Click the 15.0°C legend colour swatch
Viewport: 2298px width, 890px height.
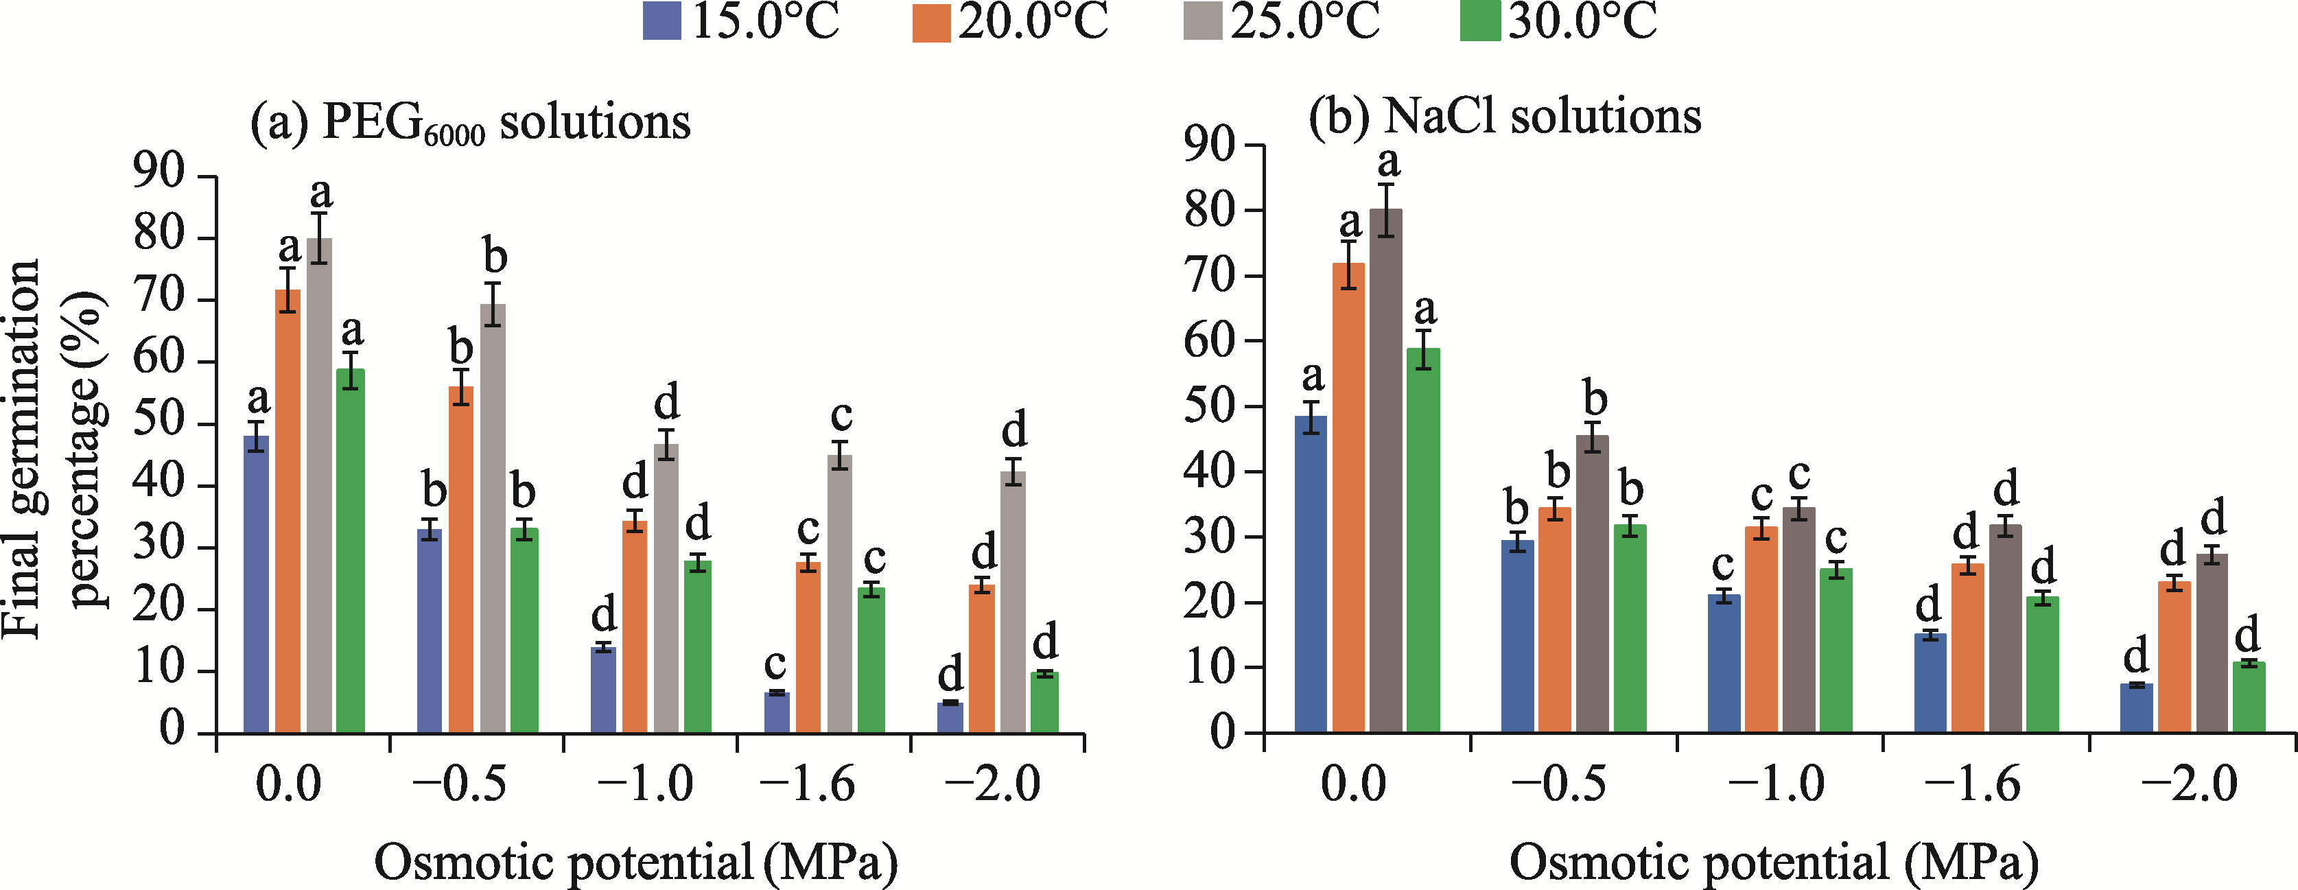tap(661, 21)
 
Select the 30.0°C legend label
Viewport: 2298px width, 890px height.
tap(1582, 21)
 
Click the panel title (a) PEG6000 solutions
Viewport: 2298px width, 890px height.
tap(470, 122)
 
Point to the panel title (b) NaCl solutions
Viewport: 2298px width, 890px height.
tap(1505, 117)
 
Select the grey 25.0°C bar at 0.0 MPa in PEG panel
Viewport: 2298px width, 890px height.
tap(319, 486)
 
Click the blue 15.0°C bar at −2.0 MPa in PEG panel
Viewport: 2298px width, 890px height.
tap(950, 718)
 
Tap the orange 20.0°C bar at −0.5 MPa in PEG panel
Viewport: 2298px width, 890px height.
tap(461, 560)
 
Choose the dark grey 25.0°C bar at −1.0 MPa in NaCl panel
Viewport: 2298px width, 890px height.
tap(1798, 620)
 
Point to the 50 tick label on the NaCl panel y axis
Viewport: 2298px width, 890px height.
tap(1210, 407)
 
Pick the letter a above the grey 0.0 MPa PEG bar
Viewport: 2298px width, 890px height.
tap(320, 191)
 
